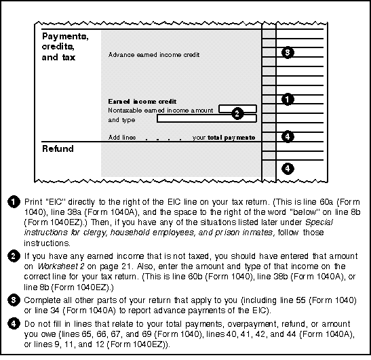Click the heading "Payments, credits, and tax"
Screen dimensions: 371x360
click(65, 47)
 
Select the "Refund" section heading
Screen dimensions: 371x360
click(58, 148)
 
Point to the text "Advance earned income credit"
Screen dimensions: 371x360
click(154, 55)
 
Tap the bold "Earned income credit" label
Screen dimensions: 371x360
click(142, 102)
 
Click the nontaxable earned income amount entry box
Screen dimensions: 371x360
click(237, 108)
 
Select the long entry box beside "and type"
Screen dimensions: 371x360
click(207, 119)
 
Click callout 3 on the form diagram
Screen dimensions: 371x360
click(288, 52)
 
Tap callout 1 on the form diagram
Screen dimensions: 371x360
click(288, 100)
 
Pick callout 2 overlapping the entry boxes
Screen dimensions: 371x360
click(237, 114)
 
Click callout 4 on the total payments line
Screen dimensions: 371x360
click(288, 137)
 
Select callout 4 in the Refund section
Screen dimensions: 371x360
click(288, 169)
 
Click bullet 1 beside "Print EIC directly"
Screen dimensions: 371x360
click(14, 202)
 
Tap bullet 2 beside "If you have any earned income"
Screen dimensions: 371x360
click(14, 256)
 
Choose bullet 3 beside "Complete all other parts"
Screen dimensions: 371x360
click(14, 300)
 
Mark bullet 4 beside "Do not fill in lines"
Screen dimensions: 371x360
click(14, 324)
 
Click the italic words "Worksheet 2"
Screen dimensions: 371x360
click(61, 266)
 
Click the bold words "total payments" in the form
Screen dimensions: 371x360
click(231, 138)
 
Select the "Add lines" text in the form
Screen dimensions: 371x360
click(122, 138)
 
